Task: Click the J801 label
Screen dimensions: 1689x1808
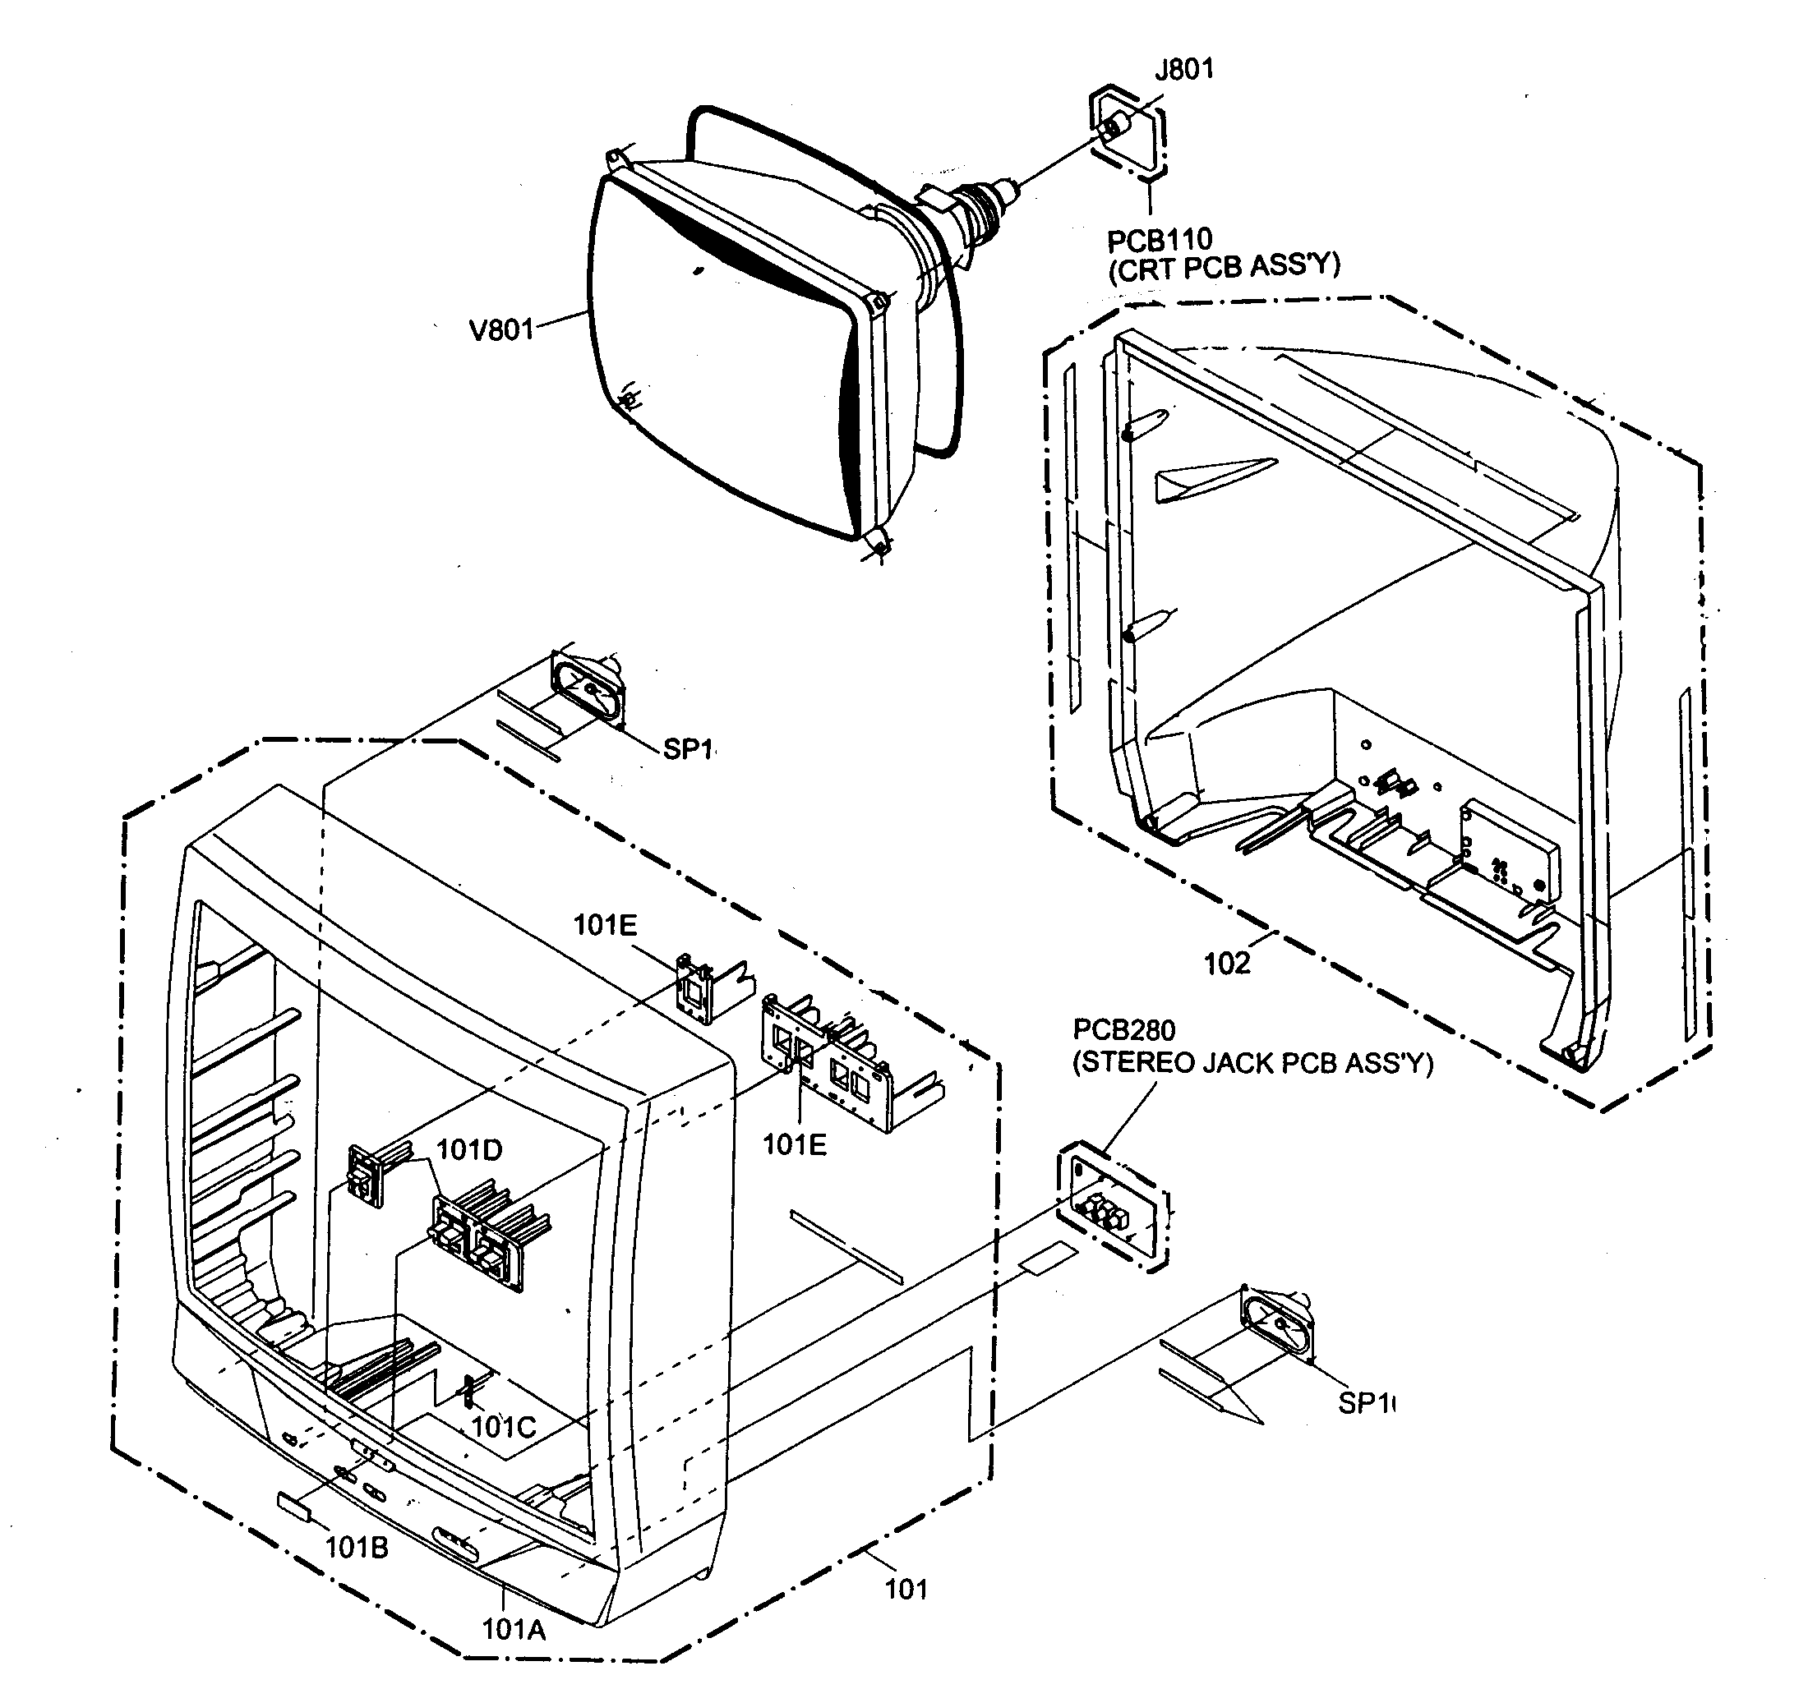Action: [1183, 69]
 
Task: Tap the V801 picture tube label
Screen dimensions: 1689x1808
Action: [501, 329]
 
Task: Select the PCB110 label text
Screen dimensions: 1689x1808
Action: [1160, 240]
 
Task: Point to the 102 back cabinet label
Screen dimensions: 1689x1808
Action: [1227, 964]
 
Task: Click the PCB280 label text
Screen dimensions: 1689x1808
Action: [1124, 1030]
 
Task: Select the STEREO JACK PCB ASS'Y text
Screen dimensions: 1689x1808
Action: [1252, 1063]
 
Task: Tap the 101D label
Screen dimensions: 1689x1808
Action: [469, 1150]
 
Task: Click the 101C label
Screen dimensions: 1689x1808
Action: [503, 1427]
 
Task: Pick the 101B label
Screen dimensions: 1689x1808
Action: [357, 1547]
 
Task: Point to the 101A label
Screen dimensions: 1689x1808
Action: [514, 1629]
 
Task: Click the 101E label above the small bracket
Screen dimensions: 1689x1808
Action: [605, 925]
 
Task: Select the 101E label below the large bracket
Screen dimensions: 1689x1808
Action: [795, 1144]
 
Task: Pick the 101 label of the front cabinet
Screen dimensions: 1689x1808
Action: [906, 1589]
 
